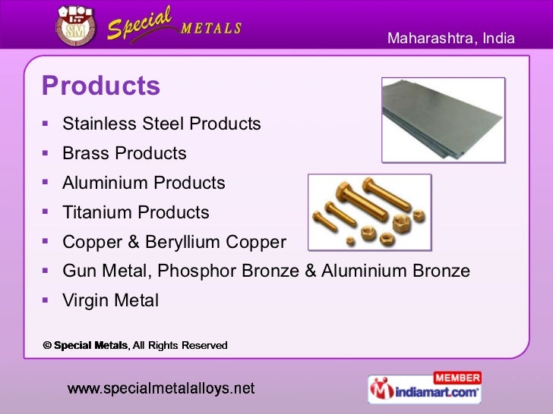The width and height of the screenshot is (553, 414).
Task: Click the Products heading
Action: pos(101,86)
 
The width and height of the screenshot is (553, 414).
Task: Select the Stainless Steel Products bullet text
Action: pos(161,124)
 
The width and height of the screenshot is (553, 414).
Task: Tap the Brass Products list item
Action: pos(124,153)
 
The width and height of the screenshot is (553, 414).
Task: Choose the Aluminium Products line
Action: pos(144,183)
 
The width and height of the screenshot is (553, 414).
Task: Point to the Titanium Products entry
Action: pos(135,212)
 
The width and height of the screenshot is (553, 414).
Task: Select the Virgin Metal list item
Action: pos(110,301)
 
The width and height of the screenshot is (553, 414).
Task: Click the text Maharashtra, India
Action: pos(451,38)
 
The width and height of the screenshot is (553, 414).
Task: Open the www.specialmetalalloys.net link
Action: pos(161,388)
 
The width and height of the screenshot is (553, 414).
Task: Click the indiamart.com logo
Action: pos(425,392)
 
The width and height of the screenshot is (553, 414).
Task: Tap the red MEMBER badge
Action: pos(457,378)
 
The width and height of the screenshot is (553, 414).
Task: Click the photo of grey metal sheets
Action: pos(442,118)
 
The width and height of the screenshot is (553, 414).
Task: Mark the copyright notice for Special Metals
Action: pos(134,345)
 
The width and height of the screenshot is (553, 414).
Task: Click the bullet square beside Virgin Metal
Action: pos(47,300)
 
